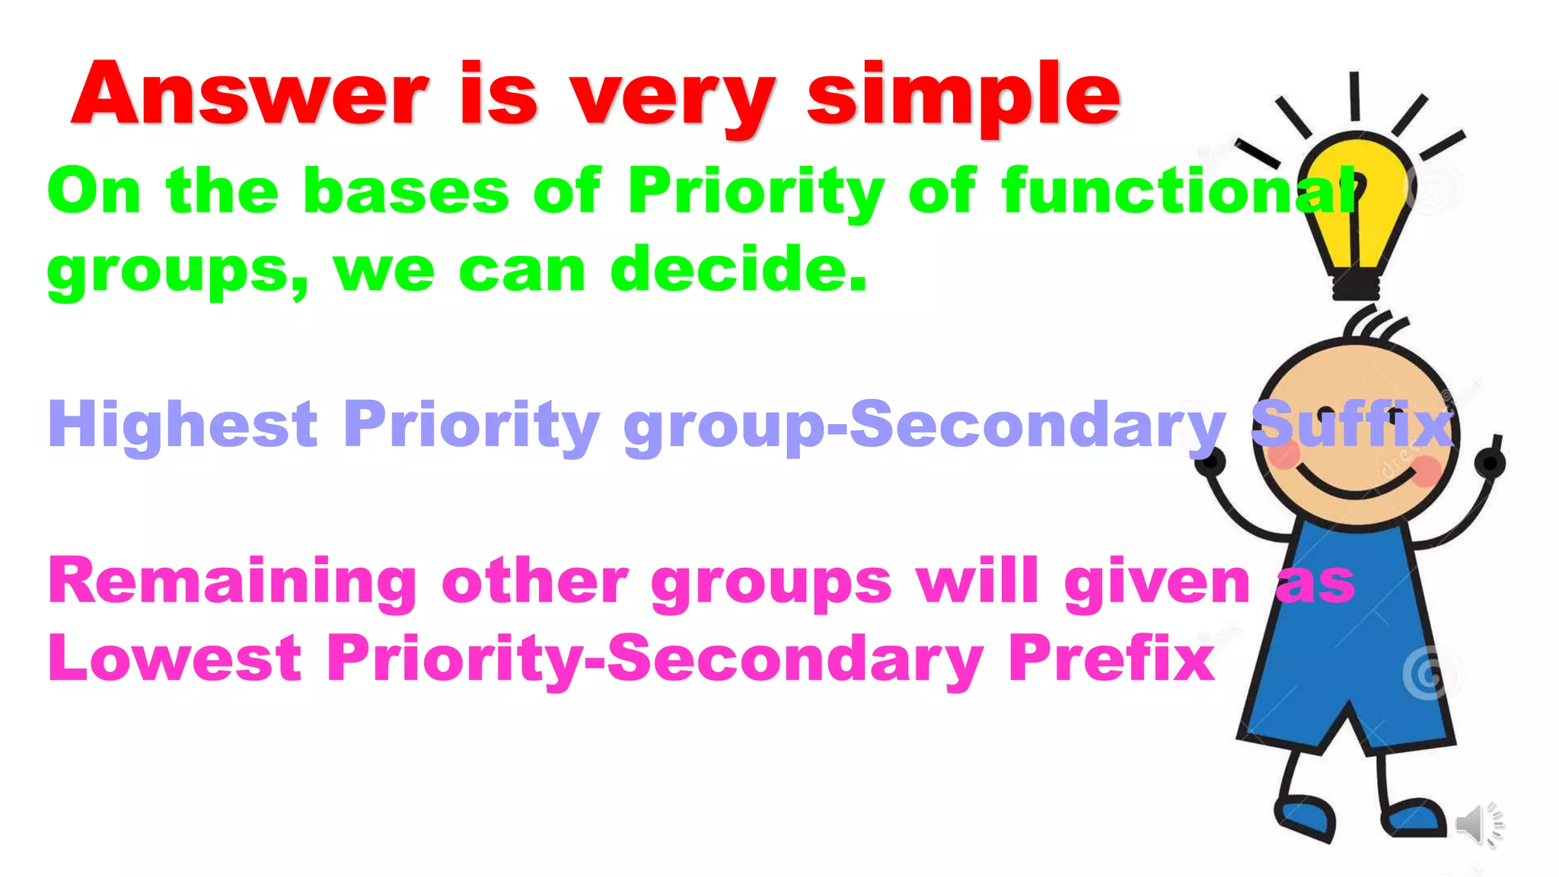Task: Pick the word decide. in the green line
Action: click(x=738, y=269)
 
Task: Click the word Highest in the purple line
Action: click(x=183, y=425)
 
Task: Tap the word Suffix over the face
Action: click(x=1352, y=424)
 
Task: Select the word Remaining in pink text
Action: click(x=232, y=582)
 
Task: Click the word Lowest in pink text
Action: click(x=175, y=658)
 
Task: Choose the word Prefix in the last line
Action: click(x=1111, y=658)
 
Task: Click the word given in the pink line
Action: click(x=1157, y=583)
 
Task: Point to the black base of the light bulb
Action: click(x=1356, y=288)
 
